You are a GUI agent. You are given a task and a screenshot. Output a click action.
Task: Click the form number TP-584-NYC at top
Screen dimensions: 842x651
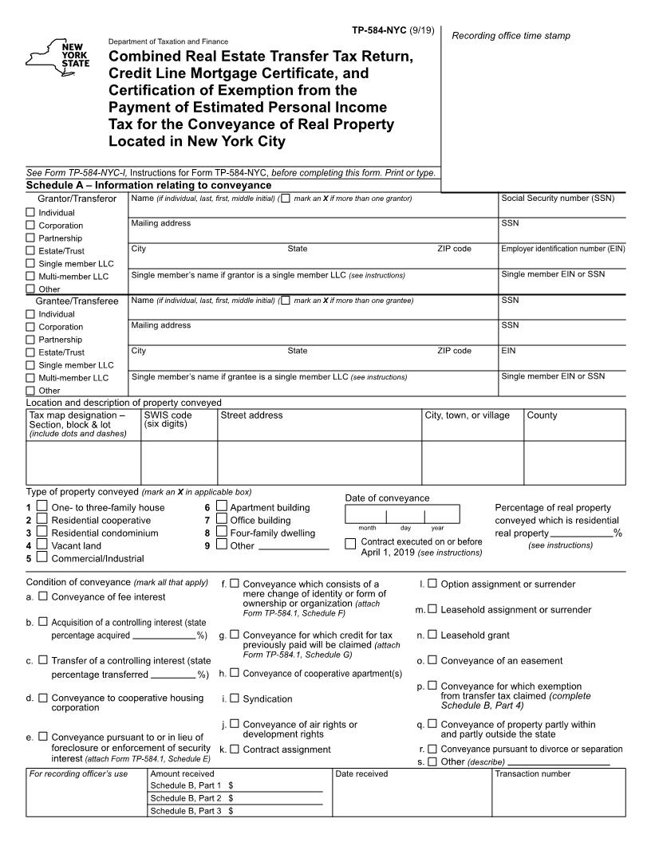379,30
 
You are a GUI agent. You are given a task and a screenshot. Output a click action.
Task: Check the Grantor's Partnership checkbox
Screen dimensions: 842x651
31,238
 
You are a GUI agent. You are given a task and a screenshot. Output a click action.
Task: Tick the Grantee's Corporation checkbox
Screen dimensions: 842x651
31,327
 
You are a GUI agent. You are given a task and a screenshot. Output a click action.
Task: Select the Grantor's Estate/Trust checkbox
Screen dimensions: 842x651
31,251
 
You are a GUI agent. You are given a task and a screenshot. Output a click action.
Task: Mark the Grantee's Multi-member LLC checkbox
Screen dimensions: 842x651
31,378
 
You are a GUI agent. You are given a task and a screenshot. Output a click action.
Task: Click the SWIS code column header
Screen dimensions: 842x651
168,415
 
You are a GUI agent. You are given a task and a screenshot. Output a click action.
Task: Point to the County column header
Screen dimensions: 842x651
542,415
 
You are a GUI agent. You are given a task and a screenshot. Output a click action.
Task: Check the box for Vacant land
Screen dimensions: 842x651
41,545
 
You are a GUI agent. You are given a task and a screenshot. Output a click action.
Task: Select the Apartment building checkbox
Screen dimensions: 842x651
222,507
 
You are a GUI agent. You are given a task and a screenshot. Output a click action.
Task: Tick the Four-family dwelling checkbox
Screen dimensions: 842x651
222,533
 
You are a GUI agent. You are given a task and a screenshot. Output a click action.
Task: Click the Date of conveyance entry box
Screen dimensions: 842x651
402,514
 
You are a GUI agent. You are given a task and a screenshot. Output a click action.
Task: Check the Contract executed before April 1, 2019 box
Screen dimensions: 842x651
350,544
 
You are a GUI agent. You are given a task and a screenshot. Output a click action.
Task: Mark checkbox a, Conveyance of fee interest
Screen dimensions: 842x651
44,596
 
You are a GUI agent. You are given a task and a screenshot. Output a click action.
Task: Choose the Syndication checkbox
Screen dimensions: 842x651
235,698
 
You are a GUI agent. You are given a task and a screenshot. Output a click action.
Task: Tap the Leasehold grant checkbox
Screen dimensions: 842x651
432,635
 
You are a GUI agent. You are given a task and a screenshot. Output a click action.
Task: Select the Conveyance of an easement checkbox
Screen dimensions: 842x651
432,660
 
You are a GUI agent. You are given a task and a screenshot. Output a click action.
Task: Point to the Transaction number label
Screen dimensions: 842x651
533,773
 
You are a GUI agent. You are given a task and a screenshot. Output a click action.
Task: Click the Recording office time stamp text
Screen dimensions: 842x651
511,36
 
